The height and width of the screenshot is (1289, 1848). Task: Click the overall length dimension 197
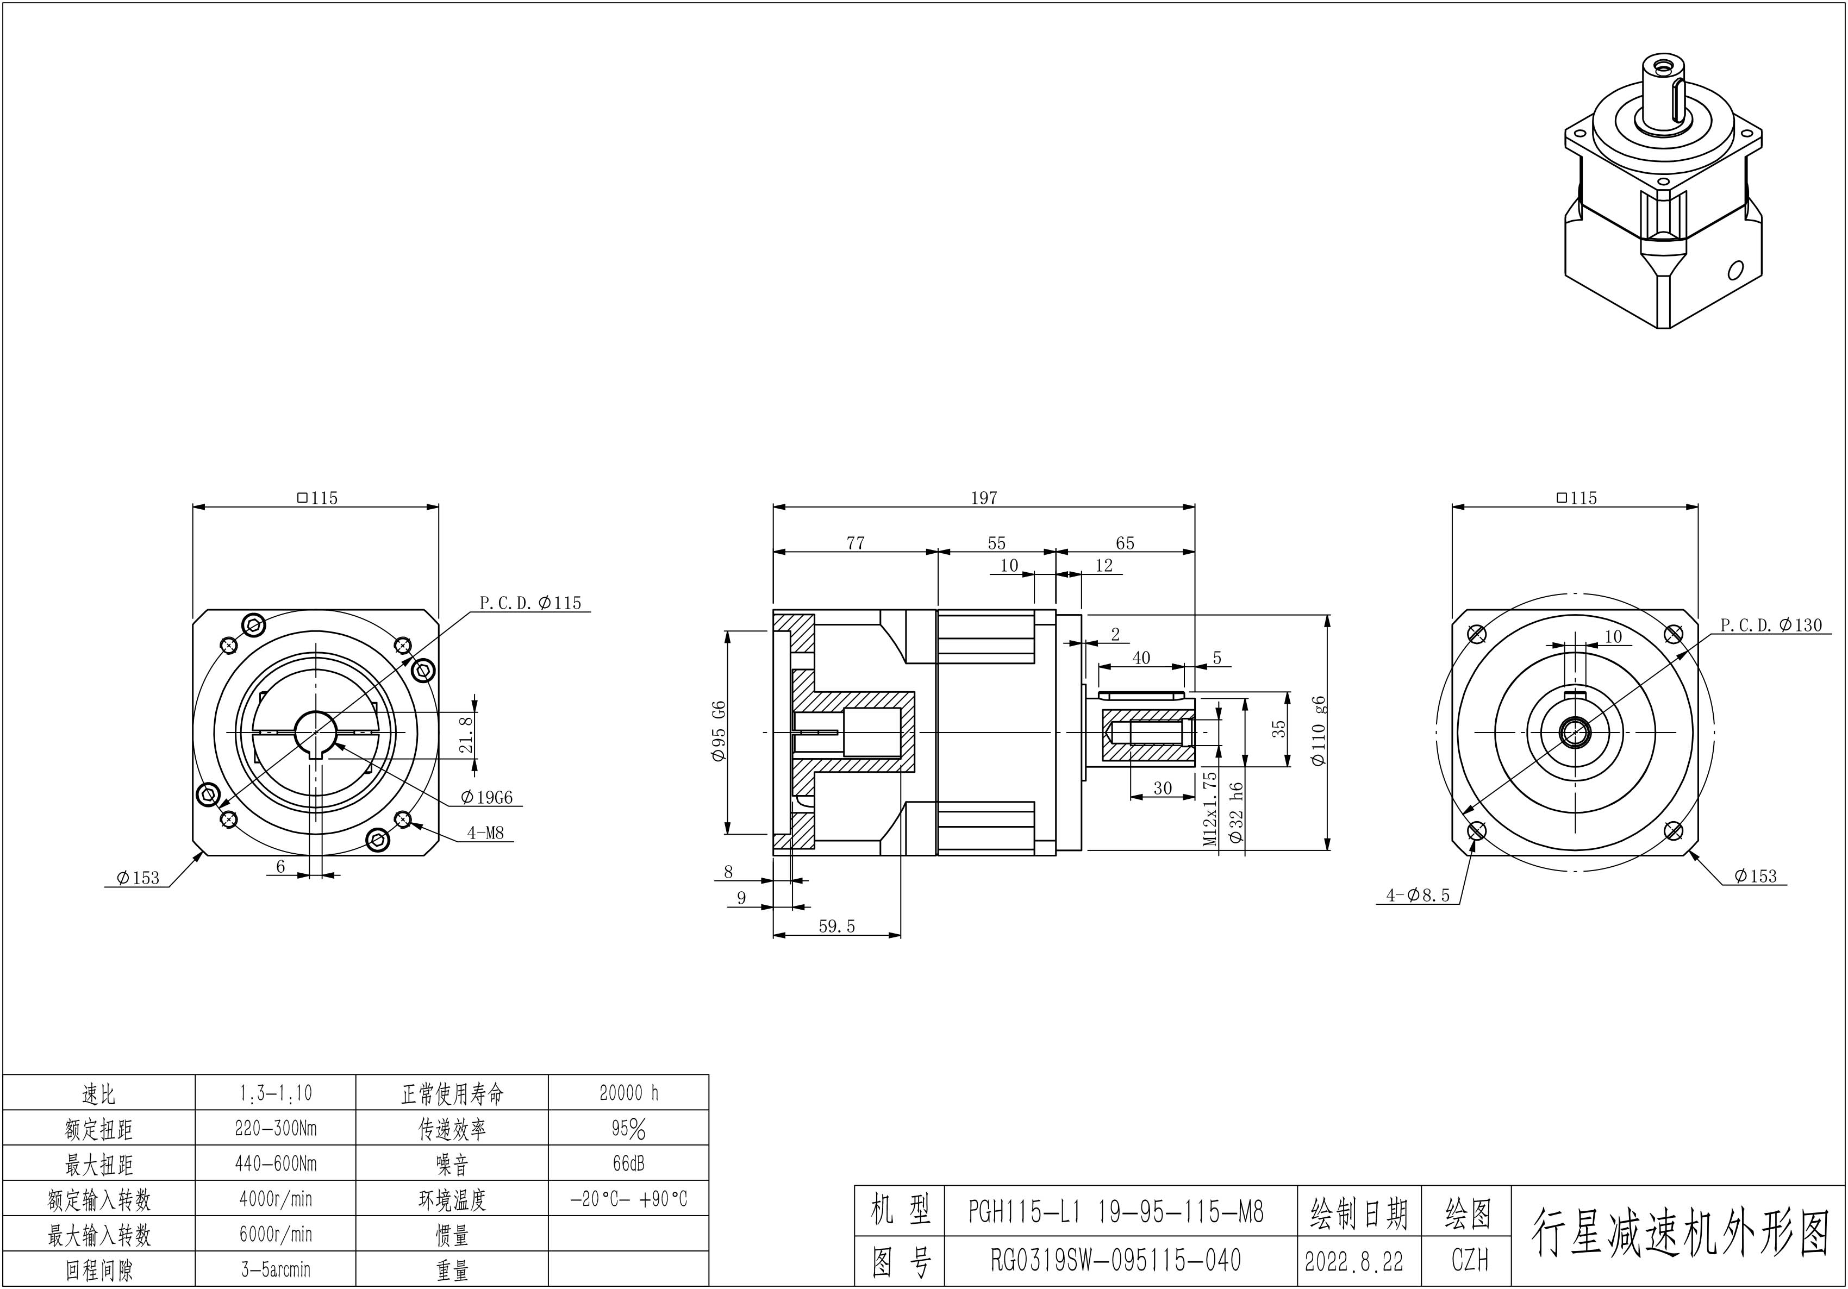[984, 498]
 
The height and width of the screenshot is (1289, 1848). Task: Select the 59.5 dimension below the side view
[836, 926]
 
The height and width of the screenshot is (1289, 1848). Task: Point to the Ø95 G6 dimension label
[719, 731]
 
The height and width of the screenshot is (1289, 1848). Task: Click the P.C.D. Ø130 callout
[1771, 625]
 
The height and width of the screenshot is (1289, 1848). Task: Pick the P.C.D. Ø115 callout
[530, 603]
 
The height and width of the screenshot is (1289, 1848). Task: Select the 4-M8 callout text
[485, 833]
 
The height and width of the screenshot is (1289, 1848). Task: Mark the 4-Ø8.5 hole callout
[1418, 894]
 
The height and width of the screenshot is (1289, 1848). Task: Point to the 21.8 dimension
[466, 735]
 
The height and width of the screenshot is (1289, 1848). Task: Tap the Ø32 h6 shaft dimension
[1237, 812]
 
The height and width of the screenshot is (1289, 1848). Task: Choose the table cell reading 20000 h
[629, 1093]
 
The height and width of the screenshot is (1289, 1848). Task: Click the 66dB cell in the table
[629, 1163]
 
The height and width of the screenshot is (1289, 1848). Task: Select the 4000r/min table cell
[275, 1199]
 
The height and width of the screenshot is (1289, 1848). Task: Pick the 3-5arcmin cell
[275, 1269]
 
